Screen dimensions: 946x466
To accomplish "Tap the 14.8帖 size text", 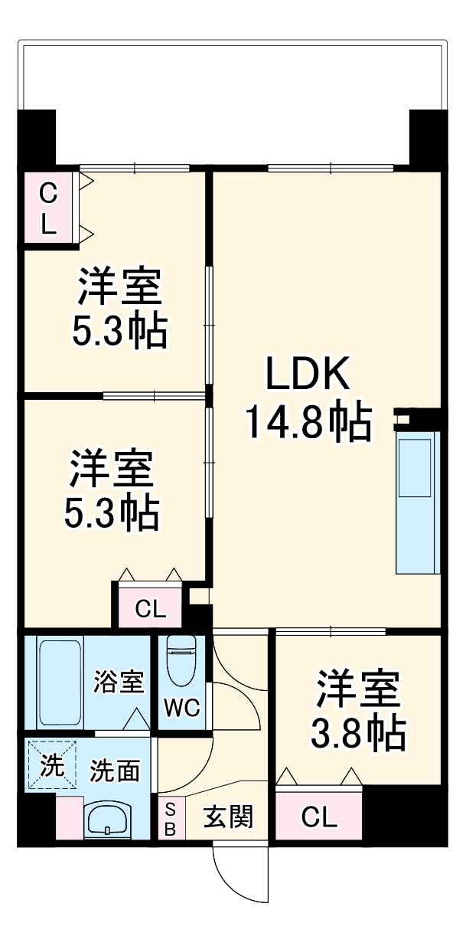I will pyautogui.click(x=308, y=421).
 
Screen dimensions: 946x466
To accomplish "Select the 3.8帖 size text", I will pyautogui.click(x=357, y=734).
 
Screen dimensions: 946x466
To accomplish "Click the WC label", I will pyautogui.click(x=182, y=708).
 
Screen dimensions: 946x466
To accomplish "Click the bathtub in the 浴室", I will pyautogui.click(x=58, y=681).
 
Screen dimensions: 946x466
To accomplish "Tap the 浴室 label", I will pyautogui.click(x=118, y=682).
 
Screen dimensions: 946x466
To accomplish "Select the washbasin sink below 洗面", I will pyautogui.click(x=107, y=821).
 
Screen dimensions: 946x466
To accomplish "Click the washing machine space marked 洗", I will pyautogui.click(x=52, y=765).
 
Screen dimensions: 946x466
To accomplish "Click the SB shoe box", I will pyautogui.click(x=171, y=818).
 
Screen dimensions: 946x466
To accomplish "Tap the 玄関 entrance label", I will pyautogui.click(x=227, y=818).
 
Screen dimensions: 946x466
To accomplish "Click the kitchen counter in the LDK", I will pyautogui.click(x=418, y=502).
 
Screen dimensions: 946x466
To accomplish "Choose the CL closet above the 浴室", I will pyautogui.click(x=150, y=608).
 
